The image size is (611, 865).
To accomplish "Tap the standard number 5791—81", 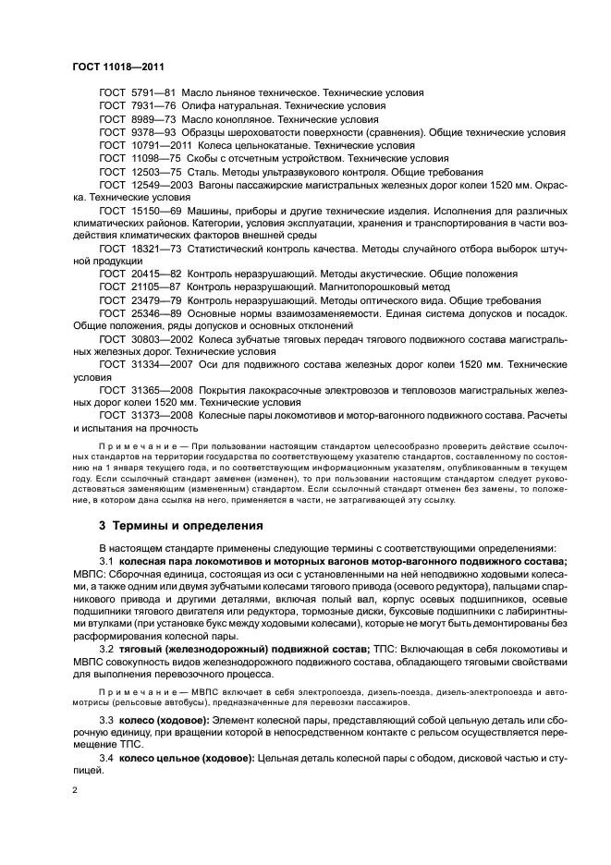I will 153,93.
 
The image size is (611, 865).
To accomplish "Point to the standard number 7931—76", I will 153,106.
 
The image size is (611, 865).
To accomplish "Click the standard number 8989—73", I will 153,119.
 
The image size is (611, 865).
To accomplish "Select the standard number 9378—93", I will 153,132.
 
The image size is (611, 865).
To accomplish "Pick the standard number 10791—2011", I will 158,145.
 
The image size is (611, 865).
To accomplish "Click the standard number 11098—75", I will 153,158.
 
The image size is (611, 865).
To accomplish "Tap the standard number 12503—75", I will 153,171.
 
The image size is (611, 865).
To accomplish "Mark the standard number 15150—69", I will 153,211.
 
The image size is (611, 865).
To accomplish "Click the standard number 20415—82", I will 153,274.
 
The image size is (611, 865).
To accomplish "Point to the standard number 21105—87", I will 153,287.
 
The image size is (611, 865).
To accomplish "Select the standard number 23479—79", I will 153,300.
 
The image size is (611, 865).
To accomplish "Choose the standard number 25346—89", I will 153,313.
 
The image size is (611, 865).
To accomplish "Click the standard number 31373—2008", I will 158,416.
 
